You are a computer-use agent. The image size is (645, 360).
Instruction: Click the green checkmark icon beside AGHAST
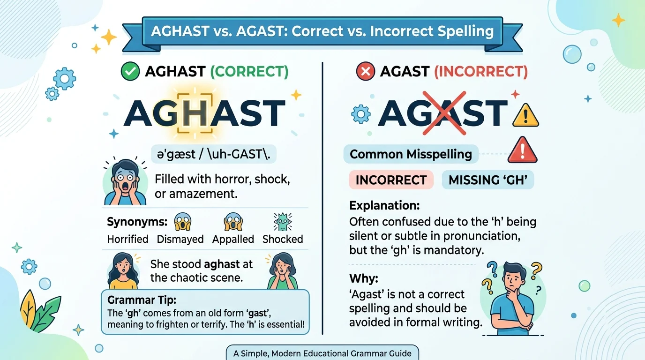(130, 72)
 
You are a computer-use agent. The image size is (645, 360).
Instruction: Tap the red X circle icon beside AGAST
(365, 72)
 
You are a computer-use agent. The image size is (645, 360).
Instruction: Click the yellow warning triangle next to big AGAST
(525, 114)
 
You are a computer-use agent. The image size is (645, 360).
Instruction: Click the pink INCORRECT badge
(391, 180)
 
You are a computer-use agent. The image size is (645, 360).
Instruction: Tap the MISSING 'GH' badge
(487, 180)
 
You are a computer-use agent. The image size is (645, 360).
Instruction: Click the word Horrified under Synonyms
(128, 239)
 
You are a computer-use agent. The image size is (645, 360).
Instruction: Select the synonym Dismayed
(180, 239)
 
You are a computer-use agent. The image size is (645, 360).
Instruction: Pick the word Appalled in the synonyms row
(233, 239)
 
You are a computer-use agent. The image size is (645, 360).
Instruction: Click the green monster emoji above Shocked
(282, 221)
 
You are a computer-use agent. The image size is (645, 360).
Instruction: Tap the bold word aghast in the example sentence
(222, 264)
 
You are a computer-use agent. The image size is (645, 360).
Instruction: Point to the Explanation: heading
(384, 206)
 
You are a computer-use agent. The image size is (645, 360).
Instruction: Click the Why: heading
(363, 278)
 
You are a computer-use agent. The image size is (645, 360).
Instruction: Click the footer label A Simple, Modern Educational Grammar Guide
(322, 353)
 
